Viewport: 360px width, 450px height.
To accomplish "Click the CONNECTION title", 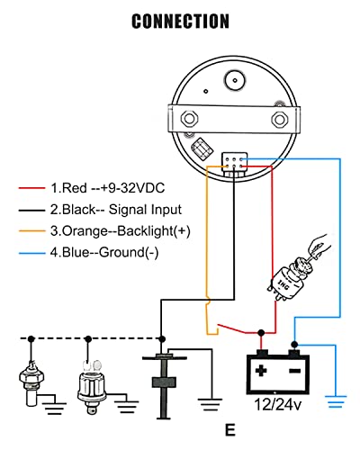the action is [180, 21].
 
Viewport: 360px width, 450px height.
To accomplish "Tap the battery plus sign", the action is [261, 371].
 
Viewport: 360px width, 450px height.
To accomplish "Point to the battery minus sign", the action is [294, 372].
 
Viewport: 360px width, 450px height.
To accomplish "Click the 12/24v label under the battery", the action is [277, 404].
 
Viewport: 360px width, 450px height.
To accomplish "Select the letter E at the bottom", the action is [230, 430].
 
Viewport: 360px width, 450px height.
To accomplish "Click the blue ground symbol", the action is [336, 401].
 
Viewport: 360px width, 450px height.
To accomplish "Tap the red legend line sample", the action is [31, 188].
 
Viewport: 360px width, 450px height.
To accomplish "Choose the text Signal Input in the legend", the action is [145, 210].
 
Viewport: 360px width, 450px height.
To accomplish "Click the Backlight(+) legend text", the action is [153, 231].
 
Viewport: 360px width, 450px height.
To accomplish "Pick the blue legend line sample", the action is [31, 253].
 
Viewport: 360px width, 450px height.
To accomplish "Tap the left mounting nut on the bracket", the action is [189, 119].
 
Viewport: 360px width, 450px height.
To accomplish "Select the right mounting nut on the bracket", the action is [280, 120].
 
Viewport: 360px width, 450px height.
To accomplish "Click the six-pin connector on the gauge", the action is [235, 162].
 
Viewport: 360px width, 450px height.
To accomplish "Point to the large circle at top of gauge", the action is [235, 80].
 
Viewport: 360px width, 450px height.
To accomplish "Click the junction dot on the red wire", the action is [262, 332].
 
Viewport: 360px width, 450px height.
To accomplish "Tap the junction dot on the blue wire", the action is [295, 344].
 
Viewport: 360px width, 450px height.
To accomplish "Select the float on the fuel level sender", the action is [164, 382].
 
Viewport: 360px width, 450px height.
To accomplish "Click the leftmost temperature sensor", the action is [31, 382].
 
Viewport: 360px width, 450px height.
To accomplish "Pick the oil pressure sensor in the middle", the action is [91, 387].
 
